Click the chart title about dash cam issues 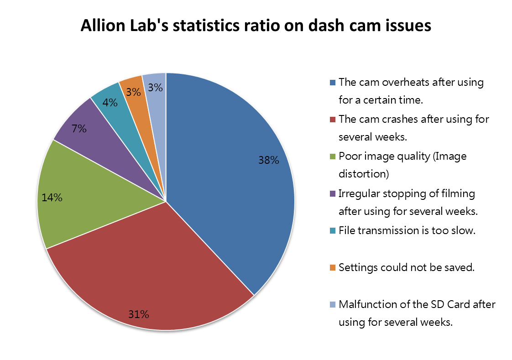click(x=256, y=26)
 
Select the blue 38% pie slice click(x=228, y=183)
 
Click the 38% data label click(x=268, y=160)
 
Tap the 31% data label click(x=138, y=314)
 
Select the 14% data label click(x=52, y=198)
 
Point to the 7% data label click(x=79, y=129)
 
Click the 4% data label click(x=110, y=103)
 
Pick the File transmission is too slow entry click(x=407, y=230)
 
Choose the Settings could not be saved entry click(x=407, y=267)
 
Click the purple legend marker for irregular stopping click(x=333, y=193)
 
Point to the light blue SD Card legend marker click(x=333, y=304)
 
